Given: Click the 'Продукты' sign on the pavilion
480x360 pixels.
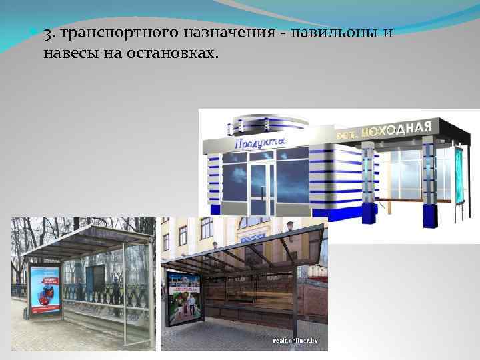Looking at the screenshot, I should click(259, 142).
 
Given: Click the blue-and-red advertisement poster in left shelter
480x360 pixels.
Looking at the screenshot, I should click(45, 291).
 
